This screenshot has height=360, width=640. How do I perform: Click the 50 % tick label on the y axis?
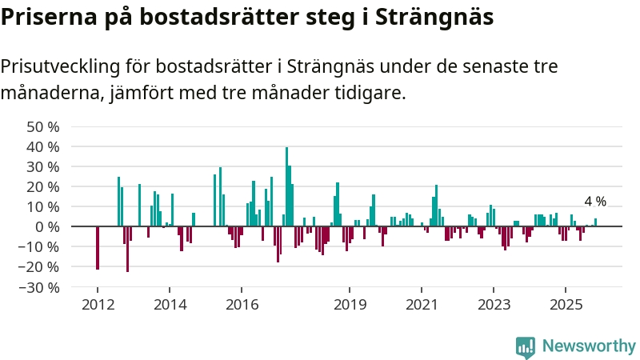tap(43, 127)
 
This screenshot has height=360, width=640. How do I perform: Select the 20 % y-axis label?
tap(43, 187)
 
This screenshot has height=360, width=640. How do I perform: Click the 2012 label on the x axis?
tap(98, 304)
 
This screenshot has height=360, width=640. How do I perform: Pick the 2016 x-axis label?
tap(242, 304)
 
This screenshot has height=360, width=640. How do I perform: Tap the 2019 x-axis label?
tap(350, 304)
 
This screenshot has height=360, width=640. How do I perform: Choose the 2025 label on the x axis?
tap(566, 304)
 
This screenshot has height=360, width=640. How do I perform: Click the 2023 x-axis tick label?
tap(494, 304)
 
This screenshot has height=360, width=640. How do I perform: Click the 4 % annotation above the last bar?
tap(595, 202)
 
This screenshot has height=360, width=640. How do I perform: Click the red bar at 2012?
tap(98, 248)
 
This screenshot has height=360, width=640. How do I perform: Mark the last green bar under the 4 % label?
tap(595, 222)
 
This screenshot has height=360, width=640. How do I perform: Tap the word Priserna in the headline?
tap(49, 18)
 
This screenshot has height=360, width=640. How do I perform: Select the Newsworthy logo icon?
tap(526, 346)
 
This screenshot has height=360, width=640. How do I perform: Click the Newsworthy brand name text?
tap(589, 346)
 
